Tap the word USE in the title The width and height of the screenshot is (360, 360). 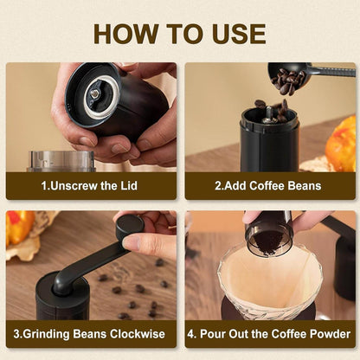pyautogui.click(x=234, y=33)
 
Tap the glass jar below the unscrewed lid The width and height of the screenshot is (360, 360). pyautogui.click(x=61, y=161)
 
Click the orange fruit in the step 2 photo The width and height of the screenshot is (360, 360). pyautogui.click(x=341, y=143)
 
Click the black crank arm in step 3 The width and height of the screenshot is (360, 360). pyautogui.click(x=87, y=266)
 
